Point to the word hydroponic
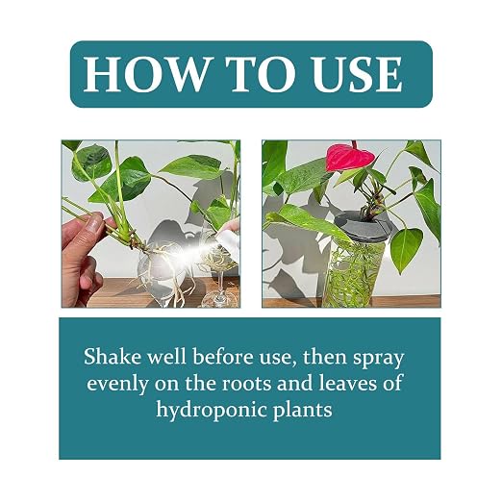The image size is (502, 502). (212, 410)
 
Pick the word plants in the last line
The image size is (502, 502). (302, 410)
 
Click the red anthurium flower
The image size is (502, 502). (350, 158)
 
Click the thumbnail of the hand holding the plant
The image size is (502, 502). (151, 224)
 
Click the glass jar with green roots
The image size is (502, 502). (355, 271)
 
